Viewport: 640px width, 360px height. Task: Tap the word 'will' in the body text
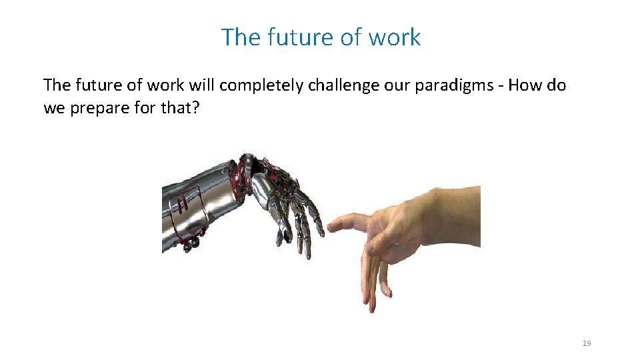[201, 85]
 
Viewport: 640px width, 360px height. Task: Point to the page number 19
[587, 343]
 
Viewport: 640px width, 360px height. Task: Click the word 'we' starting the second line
[53, 107]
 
